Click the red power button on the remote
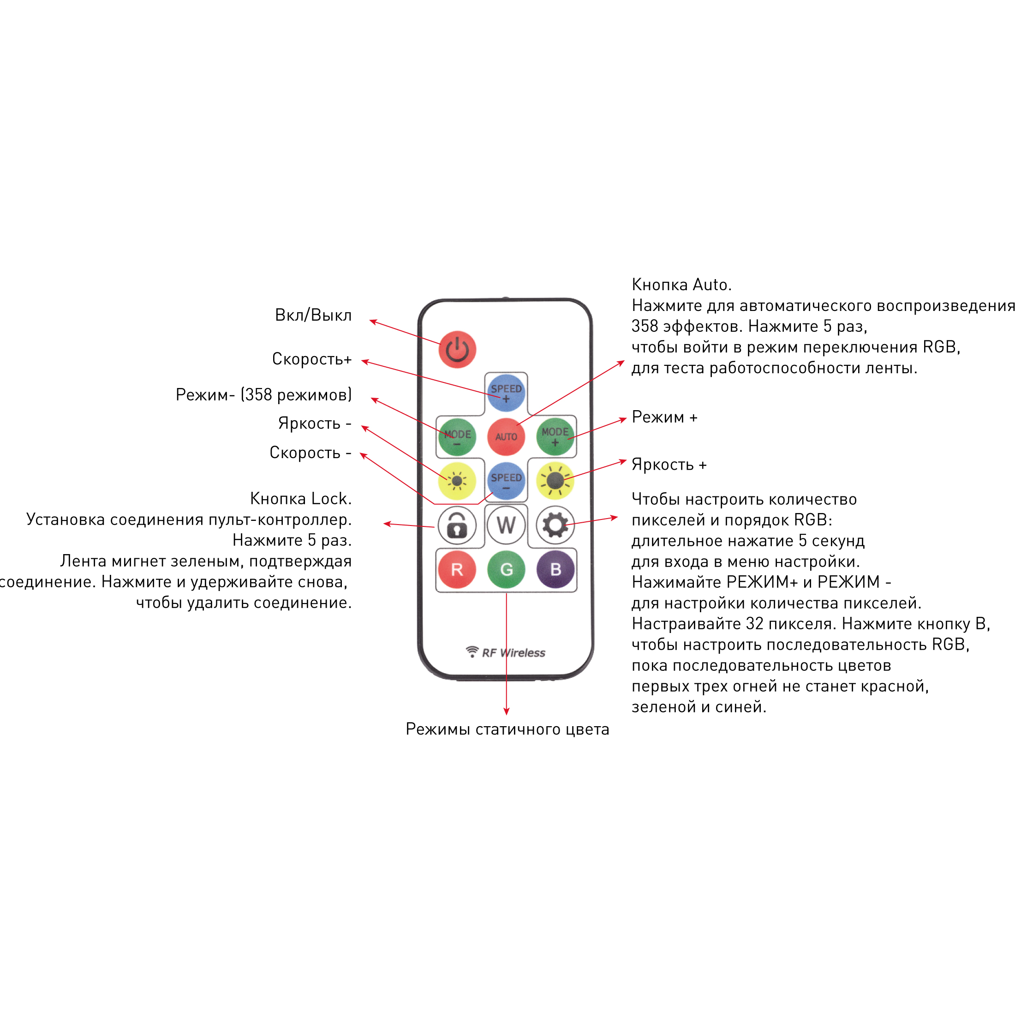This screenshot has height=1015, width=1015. pos(457,349)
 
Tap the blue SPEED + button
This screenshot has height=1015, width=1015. pos(506,393)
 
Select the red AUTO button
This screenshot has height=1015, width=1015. pos(506,436)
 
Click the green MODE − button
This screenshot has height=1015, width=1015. pos(457,436)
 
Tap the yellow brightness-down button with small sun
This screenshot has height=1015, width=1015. pos(457,481)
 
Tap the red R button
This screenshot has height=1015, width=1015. pos(457,569)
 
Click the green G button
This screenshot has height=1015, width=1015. pos(506,569)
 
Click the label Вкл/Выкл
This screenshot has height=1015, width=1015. pos(313,315)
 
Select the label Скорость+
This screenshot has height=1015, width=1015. pos(311,359)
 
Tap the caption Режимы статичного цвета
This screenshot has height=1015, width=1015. pos(507,729)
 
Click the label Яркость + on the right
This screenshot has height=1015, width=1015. pos(669,465)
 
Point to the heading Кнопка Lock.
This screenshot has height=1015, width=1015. pos(300,498)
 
